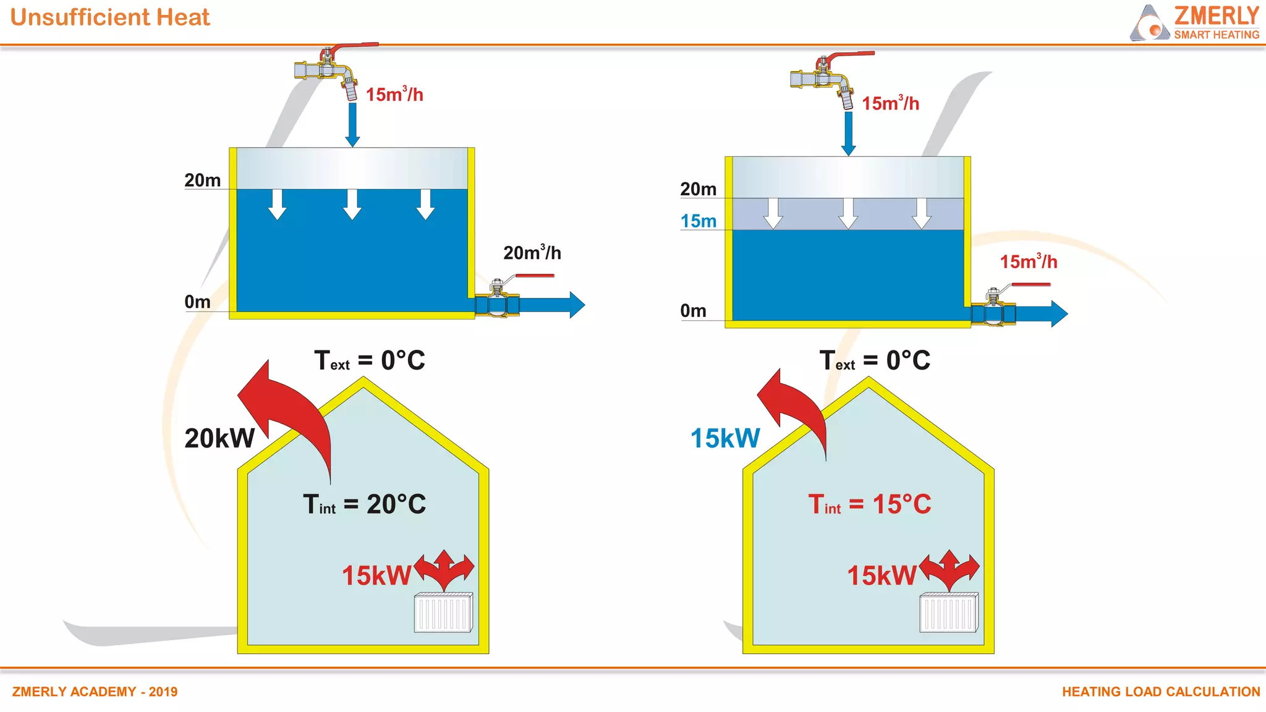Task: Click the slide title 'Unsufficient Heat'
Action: pos(110,17)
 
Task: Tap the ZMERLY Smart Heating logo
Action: pos(1195,23)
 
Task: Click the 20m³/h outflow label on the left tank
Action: pos(532,253)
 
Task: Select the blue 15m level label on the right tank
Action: pos(698,221)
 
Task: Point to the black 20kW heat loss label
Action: pos(219,438)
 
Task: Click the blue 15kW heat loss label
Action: pos(725,438)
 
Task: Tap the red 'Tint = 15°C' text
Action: pos(869,504)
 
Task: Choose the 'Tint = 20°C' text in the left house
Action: pos(364,504)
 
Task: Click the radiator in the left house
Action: pos(443,612)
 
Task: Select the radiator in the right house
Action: pos(949,612)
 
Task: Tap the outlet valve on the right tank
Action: pos(993,309)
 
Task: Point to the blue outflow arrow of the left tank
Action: pos(550,305)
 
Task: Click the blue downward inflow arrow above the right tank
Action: pos(849,133)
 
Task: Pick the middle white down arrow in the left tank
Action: pos(352,205)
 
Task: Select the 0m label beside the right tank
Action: pos(693,311)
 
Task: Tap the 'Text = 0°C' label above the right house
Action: pos(874,360)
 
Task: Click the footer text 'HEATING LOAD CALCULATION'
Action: pos(1161,692)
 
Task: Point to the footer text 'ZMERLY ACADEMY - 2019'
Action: pos(95,692)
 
